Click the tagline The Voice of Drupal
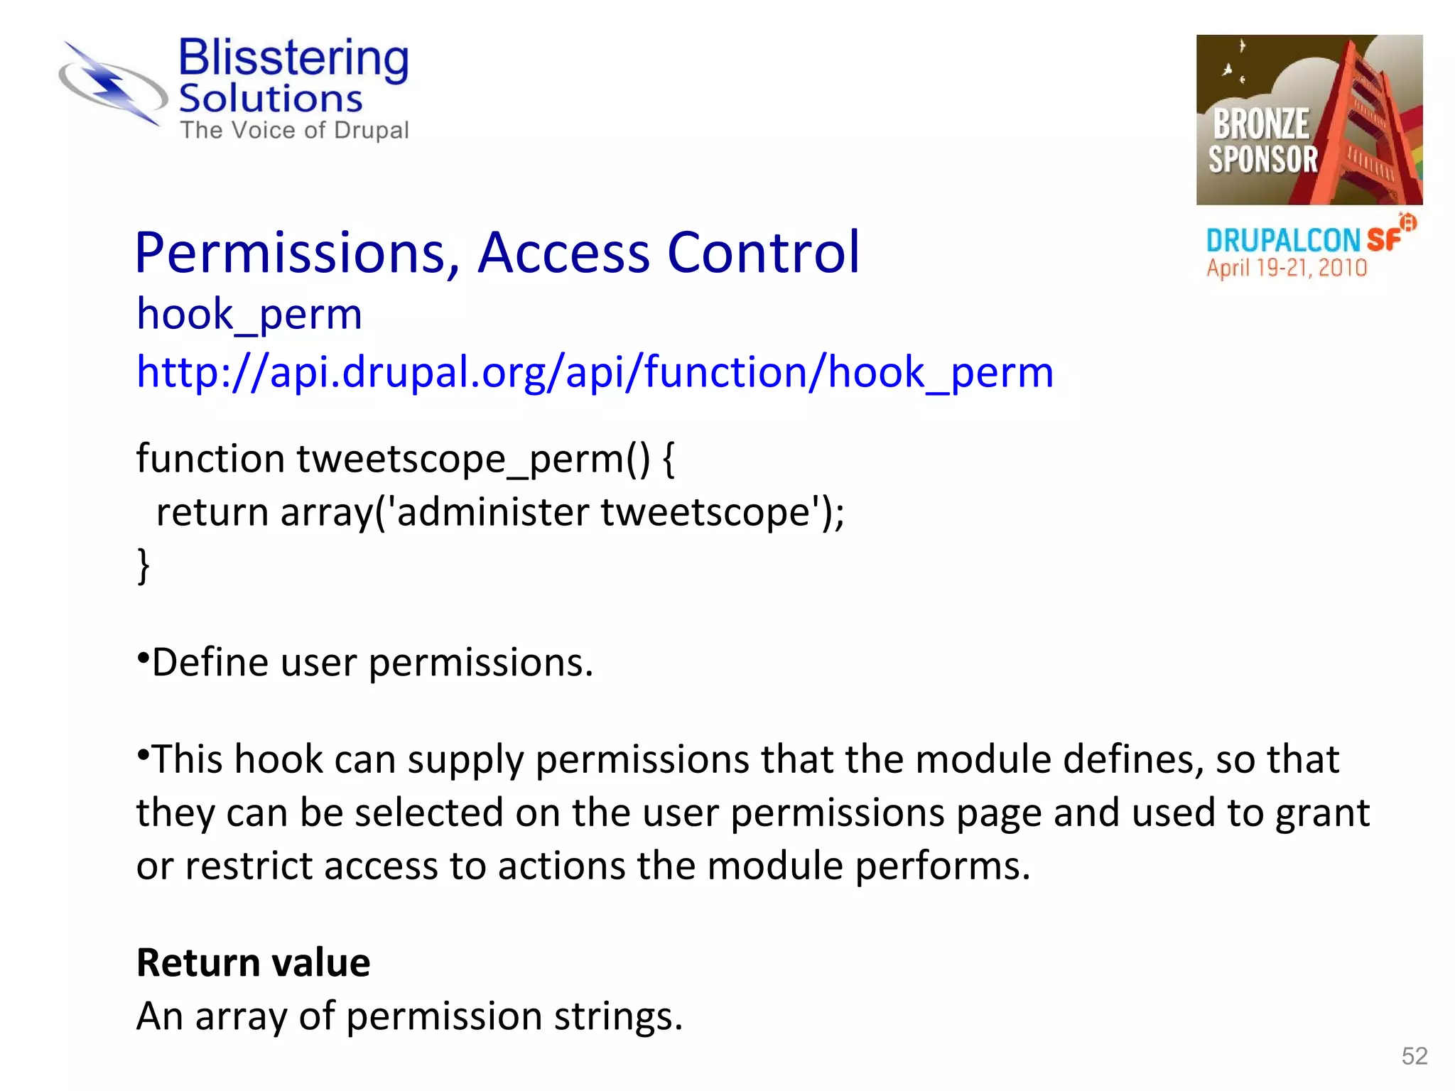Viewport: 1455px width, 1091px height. point(294,131)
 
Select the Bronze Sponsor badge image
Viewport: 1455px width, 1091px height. point(1309,119)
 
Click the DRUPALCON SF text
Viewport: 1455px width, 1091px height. point(1304,240)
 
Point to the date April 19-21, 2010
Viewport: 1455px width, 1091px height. point(1286,268)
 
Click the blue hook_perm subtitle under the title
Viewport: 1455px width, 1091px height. point(249,314)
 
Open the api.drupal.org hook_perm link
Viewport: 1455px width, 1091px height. point(594,372)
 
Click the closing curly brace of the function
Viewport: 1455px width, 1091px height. point(144,565)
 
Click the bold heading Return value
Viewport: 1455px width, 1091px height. point(253,963)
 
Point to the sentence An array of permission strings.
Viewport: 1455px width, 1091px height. point(409,1016)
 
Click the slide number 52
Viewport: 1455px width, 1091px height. point(1414,1056)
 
